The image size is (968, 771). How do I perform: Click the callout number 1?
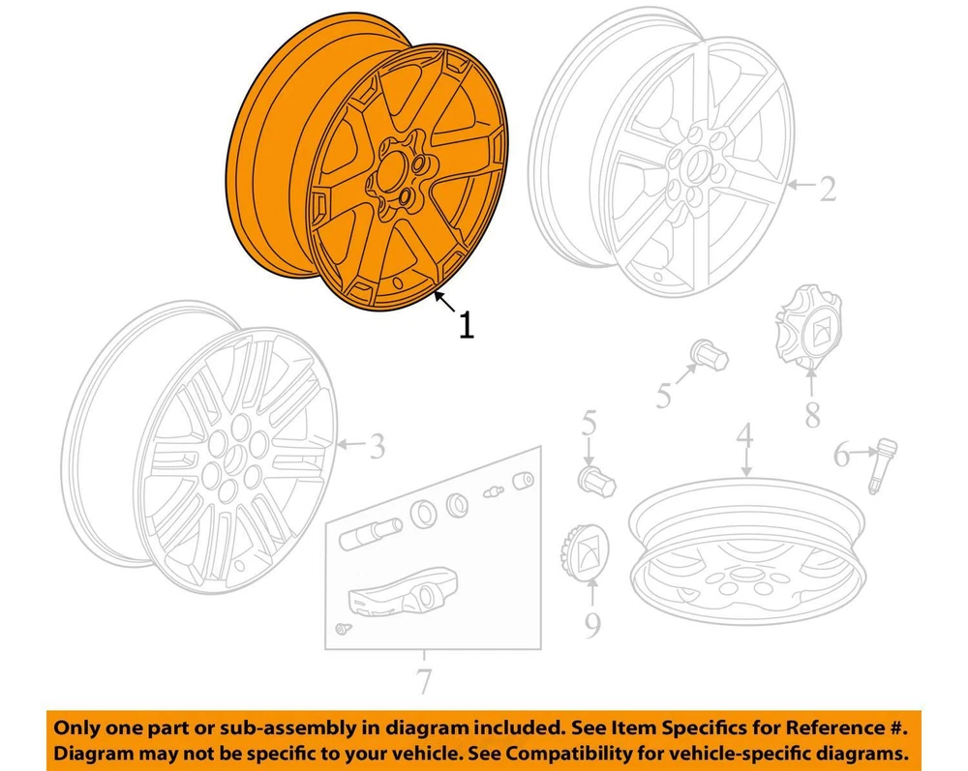467,324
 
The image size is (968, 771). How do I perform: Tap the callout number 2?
827,188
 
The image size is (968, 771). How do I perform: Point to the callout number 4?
745,435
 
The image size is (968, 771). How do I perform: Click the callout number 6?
842,456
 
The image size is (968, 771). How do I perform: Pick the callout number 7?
424,681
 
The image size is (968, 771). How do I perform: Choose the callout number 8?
812,414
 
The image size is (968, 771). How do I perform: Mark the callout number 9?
592,625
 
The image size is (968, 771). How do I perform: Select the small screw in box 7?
341,629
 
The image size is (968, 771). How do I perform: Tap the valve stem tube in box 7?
371,535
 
